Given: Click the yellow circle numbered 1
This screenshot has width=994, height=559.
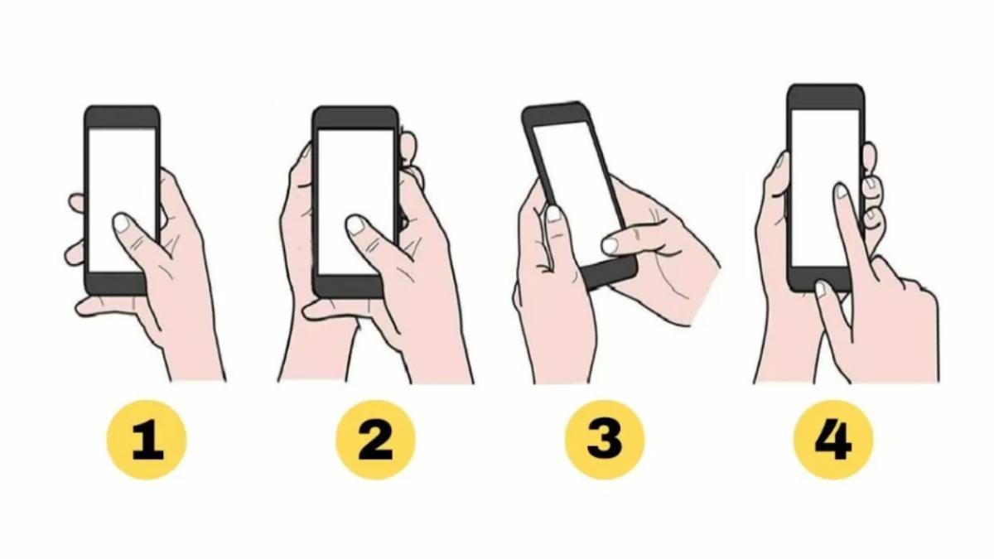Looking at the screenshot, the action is coord(147,440).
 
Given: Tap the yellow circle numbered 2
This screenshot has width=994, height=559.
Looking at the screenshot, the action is coord(375,440).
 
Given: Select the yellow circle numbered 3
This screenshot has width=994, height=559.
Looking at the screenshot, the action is coord(604,440).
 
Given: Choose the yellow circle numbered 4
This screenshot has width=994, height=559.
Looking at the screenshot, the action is coord(833,440).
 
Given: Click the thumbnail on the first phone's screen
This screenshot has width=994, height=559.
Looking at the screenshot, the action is coord(122,223).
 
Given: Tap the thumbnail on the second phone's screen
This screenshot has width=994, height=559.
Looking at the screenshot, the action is coord(355,224).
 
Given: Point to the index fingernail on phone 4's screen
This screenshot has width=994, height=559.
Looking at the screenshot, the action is coord(842,191).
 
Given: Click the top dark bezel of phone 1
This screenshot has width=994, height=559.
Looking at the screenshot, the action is coord(122,117).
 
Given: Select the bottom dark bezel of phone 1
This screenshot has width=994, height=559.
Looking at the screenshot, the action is coord(116,284).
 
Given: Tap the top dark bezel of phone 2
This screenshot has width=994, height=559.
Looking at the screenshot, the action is coord(355,118).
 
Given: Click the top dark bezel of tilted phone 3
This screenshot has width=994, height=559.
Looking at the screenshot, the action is coord(556,114).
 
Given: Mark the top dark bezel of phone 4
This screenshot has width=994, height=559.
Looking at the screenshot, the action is coord(826,97).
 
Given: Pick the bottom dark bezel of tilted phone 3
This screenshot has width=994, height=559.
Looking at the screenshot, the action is coord(610,274).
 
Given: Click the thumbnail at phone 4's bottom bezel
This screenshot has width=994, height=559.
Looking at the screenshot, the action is coord(821,289).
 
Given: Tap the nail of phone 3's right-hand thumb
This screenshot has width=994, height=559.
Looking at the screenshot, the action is coord(610,245).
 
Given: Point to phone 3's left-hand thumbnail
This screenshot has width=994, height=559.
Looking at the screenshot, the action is coord(554,214).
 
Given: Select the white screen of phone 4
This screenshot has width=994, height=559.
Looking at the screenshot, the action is coord(825,189).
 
